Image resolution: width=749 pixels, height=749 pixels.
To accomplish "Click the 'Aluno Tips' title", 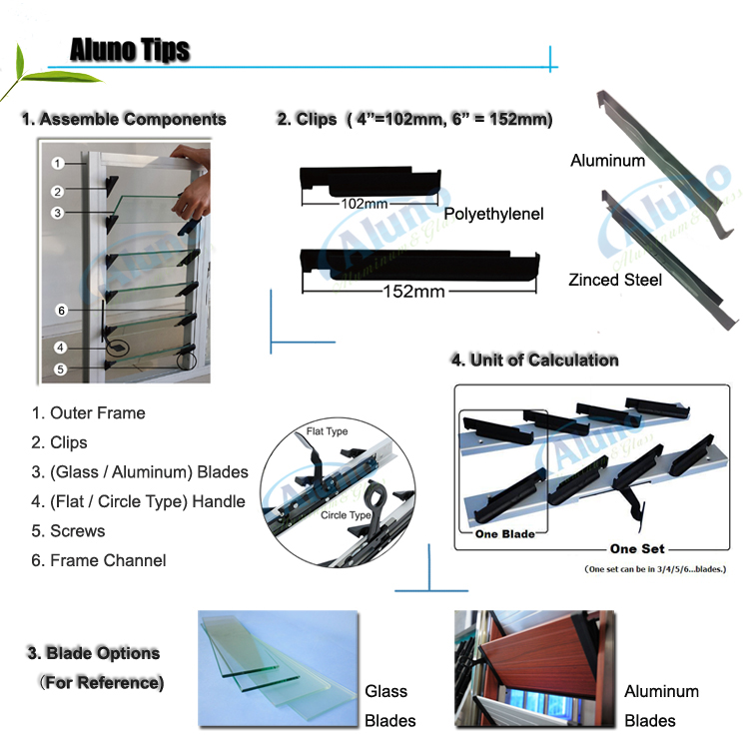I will pos(130,51).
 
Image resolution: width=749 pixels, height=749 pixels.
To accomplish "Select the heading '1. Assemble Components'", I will pos(124,119).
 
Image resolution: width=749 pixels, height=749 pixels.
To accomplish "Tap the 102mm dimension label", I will pos(336,203).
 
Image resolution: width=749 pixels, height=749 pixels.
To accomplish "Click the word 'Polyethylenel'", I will pos(493,215).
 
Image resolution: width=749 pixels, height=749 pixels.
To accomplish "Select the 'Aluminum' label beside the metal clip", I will pos(607,160).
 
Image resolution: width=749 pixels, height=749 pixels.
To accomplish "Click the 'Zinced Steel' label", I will pos(616,280).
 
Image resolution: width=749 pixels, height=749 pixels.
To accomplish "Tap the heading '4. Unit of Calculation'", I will pos(534,360).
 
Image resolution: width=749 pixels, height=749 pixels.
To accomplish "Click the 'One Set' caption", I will pos(637,548).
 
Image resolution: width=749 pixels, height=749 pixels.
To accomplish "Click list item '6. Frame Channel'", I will pos(99,560).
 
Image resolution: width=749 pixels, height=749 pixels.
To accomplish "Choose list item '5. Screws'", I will pos(68,531).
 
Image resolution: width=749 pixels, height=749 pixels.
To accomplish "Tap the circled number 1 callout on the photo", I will pos(59,162).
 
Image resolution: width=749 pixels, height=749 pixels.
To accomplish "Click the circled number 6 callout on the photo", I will pos(61,311).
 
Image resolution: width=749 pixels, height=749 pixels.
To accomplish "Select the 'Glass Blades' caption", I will pos(386,705).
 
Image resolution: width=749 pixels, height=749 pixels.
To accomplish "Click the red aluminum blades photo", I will pos(532,669).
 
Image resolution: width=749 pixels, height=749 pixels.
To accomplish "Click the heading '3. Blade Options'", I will pos(93,653).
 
